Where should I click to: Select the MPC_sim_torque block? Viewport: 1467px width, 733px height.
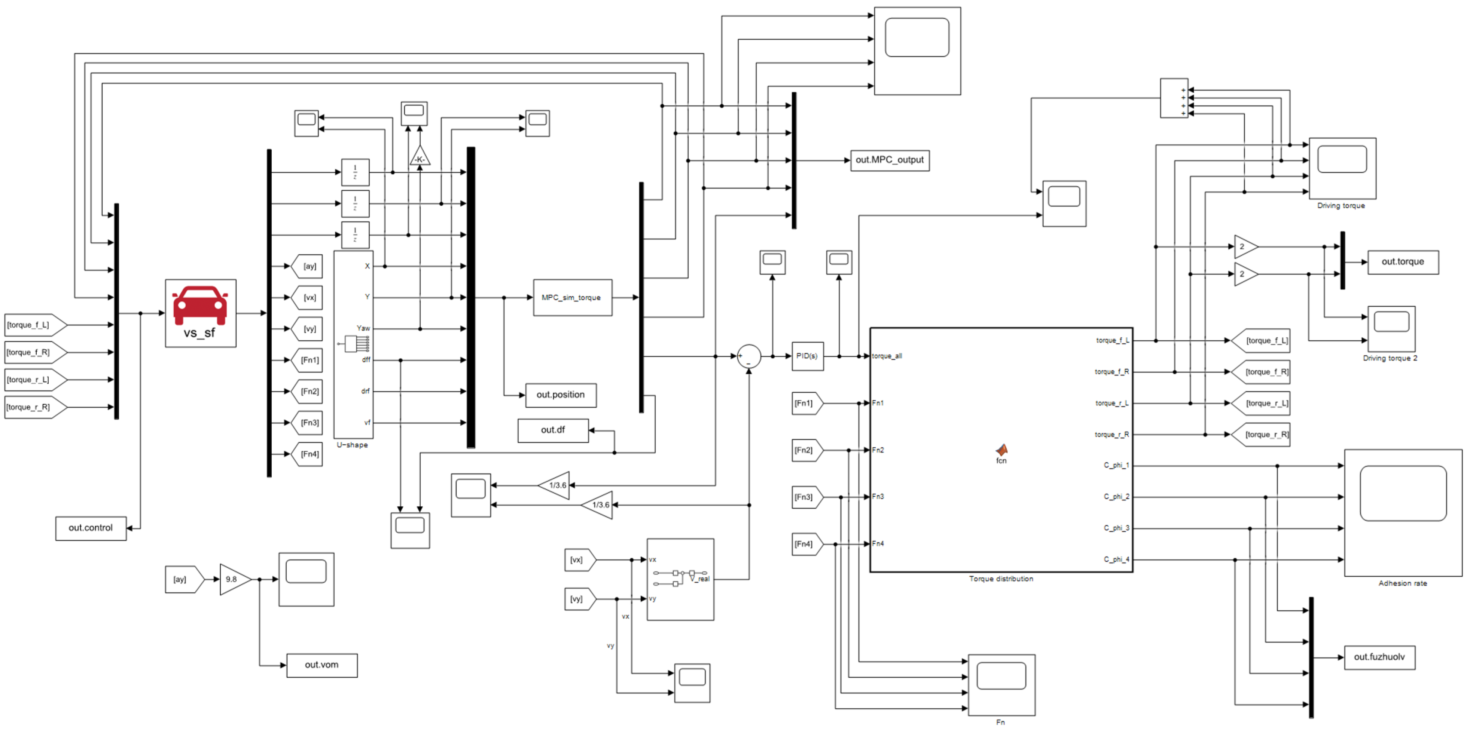point(572,298)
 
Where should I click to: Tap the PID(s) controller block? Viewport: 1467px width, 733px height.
point(807,356)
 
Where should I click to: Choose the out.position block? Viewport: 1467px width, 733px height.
point(560,395)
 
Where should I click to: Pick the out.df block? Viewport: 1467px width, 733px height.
point(552,430)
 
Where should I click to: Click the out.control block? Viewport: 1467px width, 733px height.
point(91,528)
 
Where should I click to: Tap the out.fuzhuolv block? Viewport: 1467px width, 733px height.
point(1379,657)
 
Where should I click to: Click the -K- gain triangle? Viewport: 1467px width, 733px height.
point(420,157)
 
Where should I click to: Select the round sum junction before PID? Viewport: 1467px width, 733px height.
point(748,356)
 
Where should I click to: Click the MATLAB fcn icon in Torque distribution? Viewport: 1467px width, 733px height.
point(1001,451)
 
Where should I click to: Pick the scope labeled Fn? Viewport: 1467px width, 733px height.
point(1001,685)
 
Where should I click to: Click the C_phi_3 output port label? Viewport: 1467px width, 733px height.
point(1116,528)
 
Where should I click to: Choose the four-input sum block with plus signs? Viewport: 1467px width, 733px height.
point(1174,98)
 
